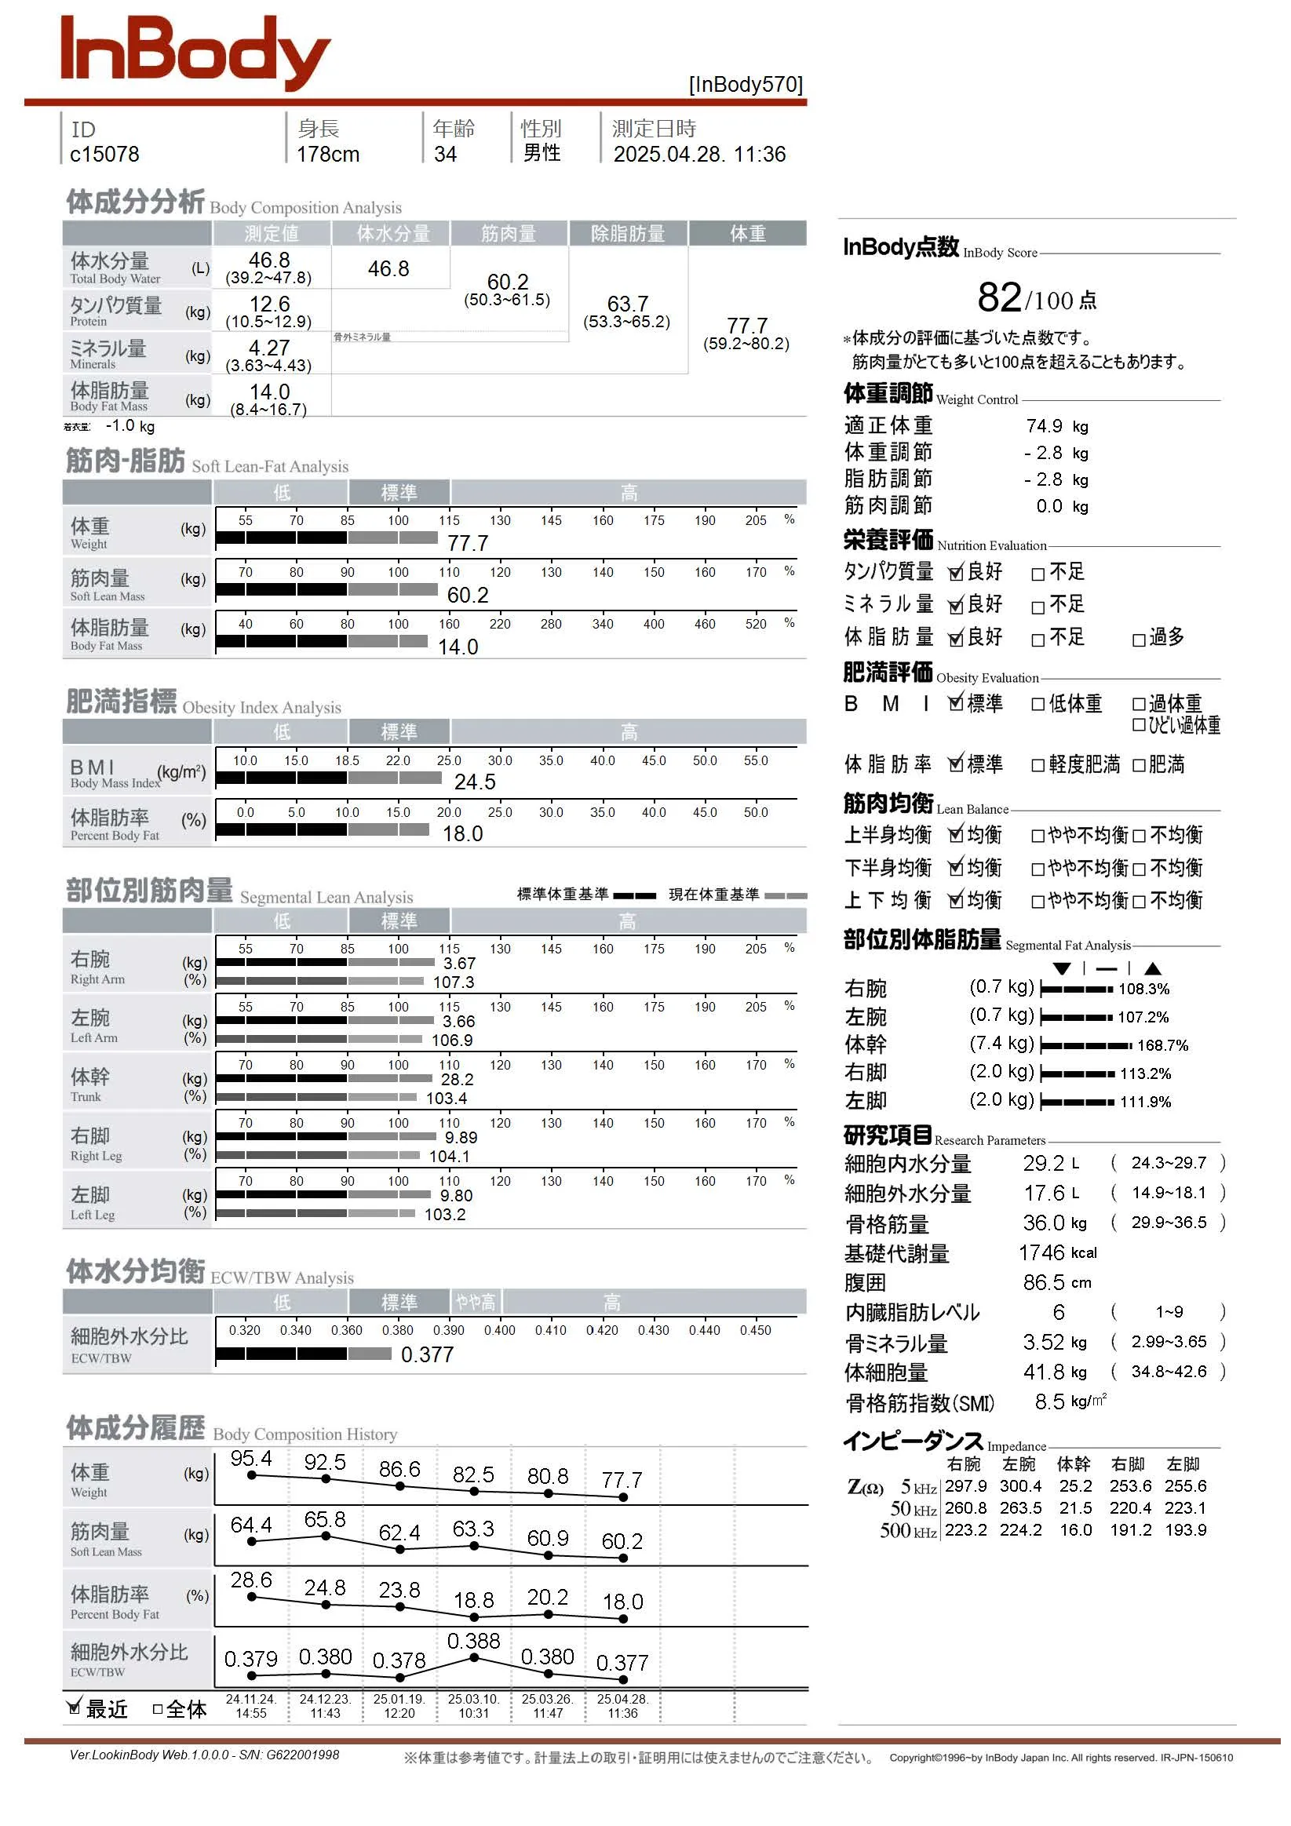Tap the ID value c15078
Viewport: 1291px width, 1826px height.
tap(104, 155)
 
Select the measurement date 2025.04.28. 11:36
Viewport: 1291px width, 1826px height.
tap(698, 155)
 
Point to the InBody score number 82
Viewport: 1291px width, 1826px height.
tap(999, 297)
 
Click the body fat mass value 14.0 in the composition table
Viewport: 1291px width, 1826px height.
tap(269, 392)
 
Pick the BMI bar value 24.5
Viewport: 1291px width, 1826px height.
tap(474, 782)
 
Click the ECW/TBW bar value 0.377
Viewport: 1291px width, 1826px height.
tap(426, 1354)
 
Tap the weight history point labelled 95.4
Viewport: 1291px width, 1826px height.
tap(251, 1475)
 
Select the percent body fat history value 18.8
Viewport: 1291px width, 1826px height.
tap(473, 1599)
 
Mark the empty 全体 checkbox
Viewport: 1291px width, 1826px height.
tap(158, 1708)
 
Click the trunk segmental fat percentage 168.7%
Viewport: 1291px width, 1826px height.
tap(1162, 1046)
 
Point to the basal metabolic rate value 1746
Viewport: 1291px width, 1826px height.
tap(1041, 1253)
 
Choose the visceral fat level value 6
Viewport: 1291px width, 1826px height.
tap(1058, 1312)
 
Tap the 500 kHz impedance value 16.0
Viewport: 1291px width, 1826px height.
tap(1074, 1530)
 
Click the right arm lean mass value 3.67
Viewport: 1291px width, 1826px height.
tap(459, 963)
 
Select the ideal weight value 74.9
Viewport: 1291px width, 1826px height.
tap(1044, 426)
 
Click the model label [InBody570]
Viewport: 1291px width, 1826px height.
tap(746, 85)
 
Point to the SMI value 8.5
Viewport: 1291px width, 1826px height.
tap(1049, 1402)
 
